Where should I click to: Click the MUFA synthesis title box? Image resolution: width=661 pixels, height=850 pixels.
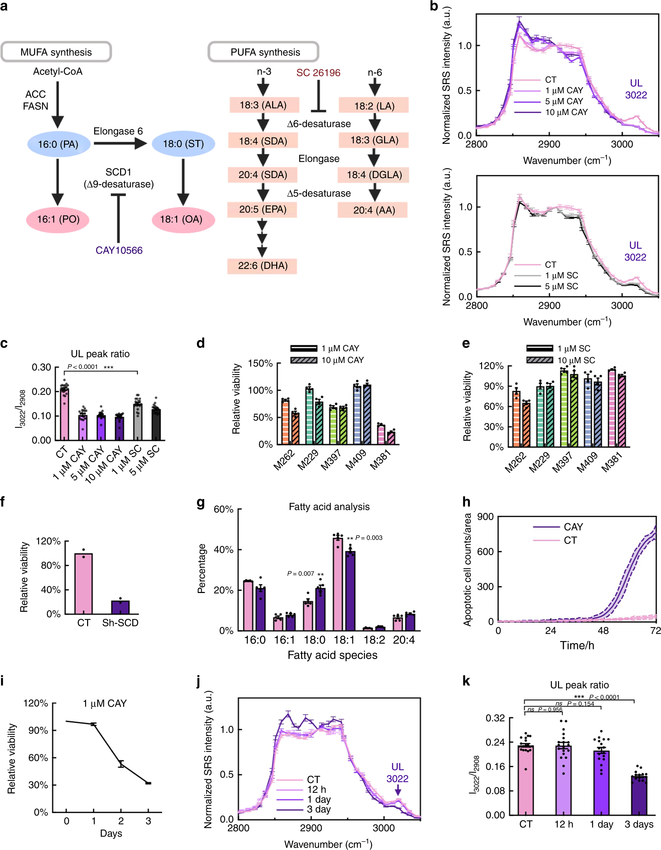click(x=56, y=52)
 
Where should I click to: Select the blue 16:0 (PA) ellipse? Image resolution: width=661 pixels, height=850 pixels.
click(x=59, y=144)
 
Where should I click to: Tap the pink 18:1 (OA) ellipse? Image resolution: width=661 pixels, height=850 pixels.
click(x=182, y=219)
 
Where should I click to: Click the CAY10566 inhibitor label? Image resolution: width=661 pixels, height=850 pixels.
click(x=119, y=250)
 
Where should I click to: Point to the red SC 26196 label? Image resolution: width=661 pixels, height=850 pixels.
click(x=318, y=73)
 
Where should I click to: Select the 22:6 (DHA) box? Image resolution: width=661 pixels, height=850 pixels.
click(x=262, y=266)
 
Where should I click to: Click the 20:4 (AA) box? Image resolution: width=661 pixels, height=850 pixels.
click(x=374, y=210)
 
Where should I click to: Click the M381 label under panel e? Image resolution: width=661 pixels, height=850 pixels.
click(x=612, y=462)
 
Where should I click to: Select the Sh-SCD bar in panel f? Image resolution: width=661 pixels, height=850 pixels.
click(x=120, y=607)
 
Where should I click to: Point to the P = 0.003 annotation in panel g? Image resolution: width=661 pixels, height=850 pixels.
click(x=368, y=538)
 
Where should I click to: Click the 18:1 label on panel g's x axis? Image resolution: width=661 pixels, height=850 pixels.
click(x=344, y=640)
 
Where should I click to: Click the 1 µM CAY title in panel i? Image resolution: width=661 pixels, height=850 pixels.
click(x=105, y=703)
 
